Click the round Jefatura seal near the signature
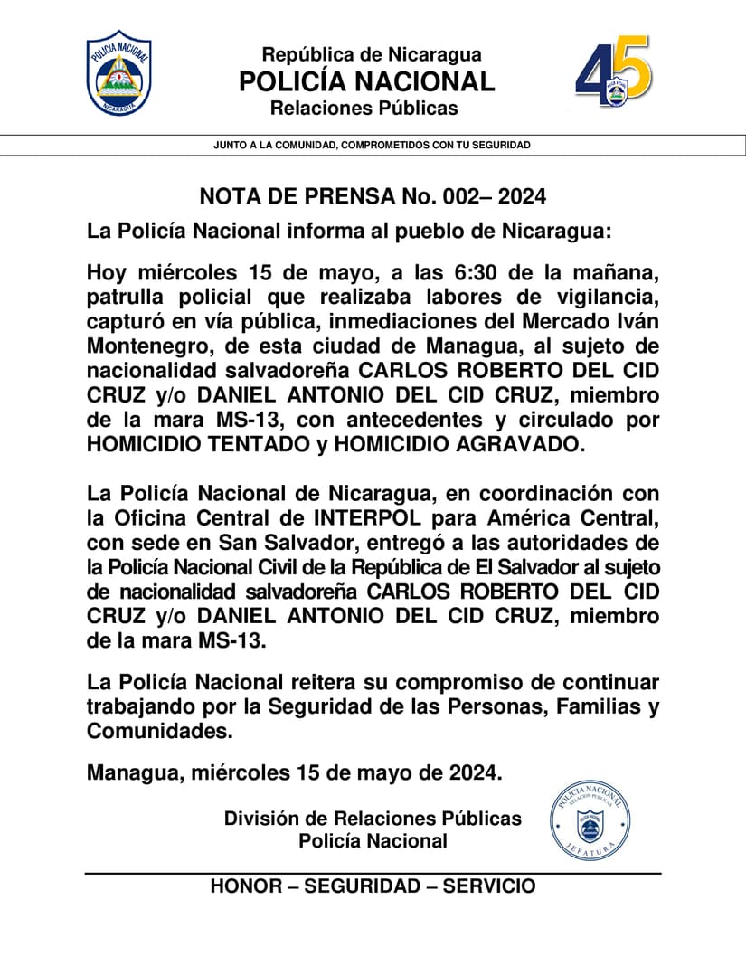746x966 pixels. click(590, 822)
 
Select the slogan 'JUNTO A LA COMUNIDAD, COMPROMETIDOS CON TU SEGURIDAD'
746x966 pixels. click(373, 145)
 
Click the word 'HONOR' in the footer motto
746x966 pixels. click(245, 886)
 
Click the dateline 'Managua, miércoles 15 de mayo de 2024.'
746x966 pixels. click(294, 773)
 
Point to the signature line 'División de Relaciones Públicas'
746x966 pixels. click(373, 819)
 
